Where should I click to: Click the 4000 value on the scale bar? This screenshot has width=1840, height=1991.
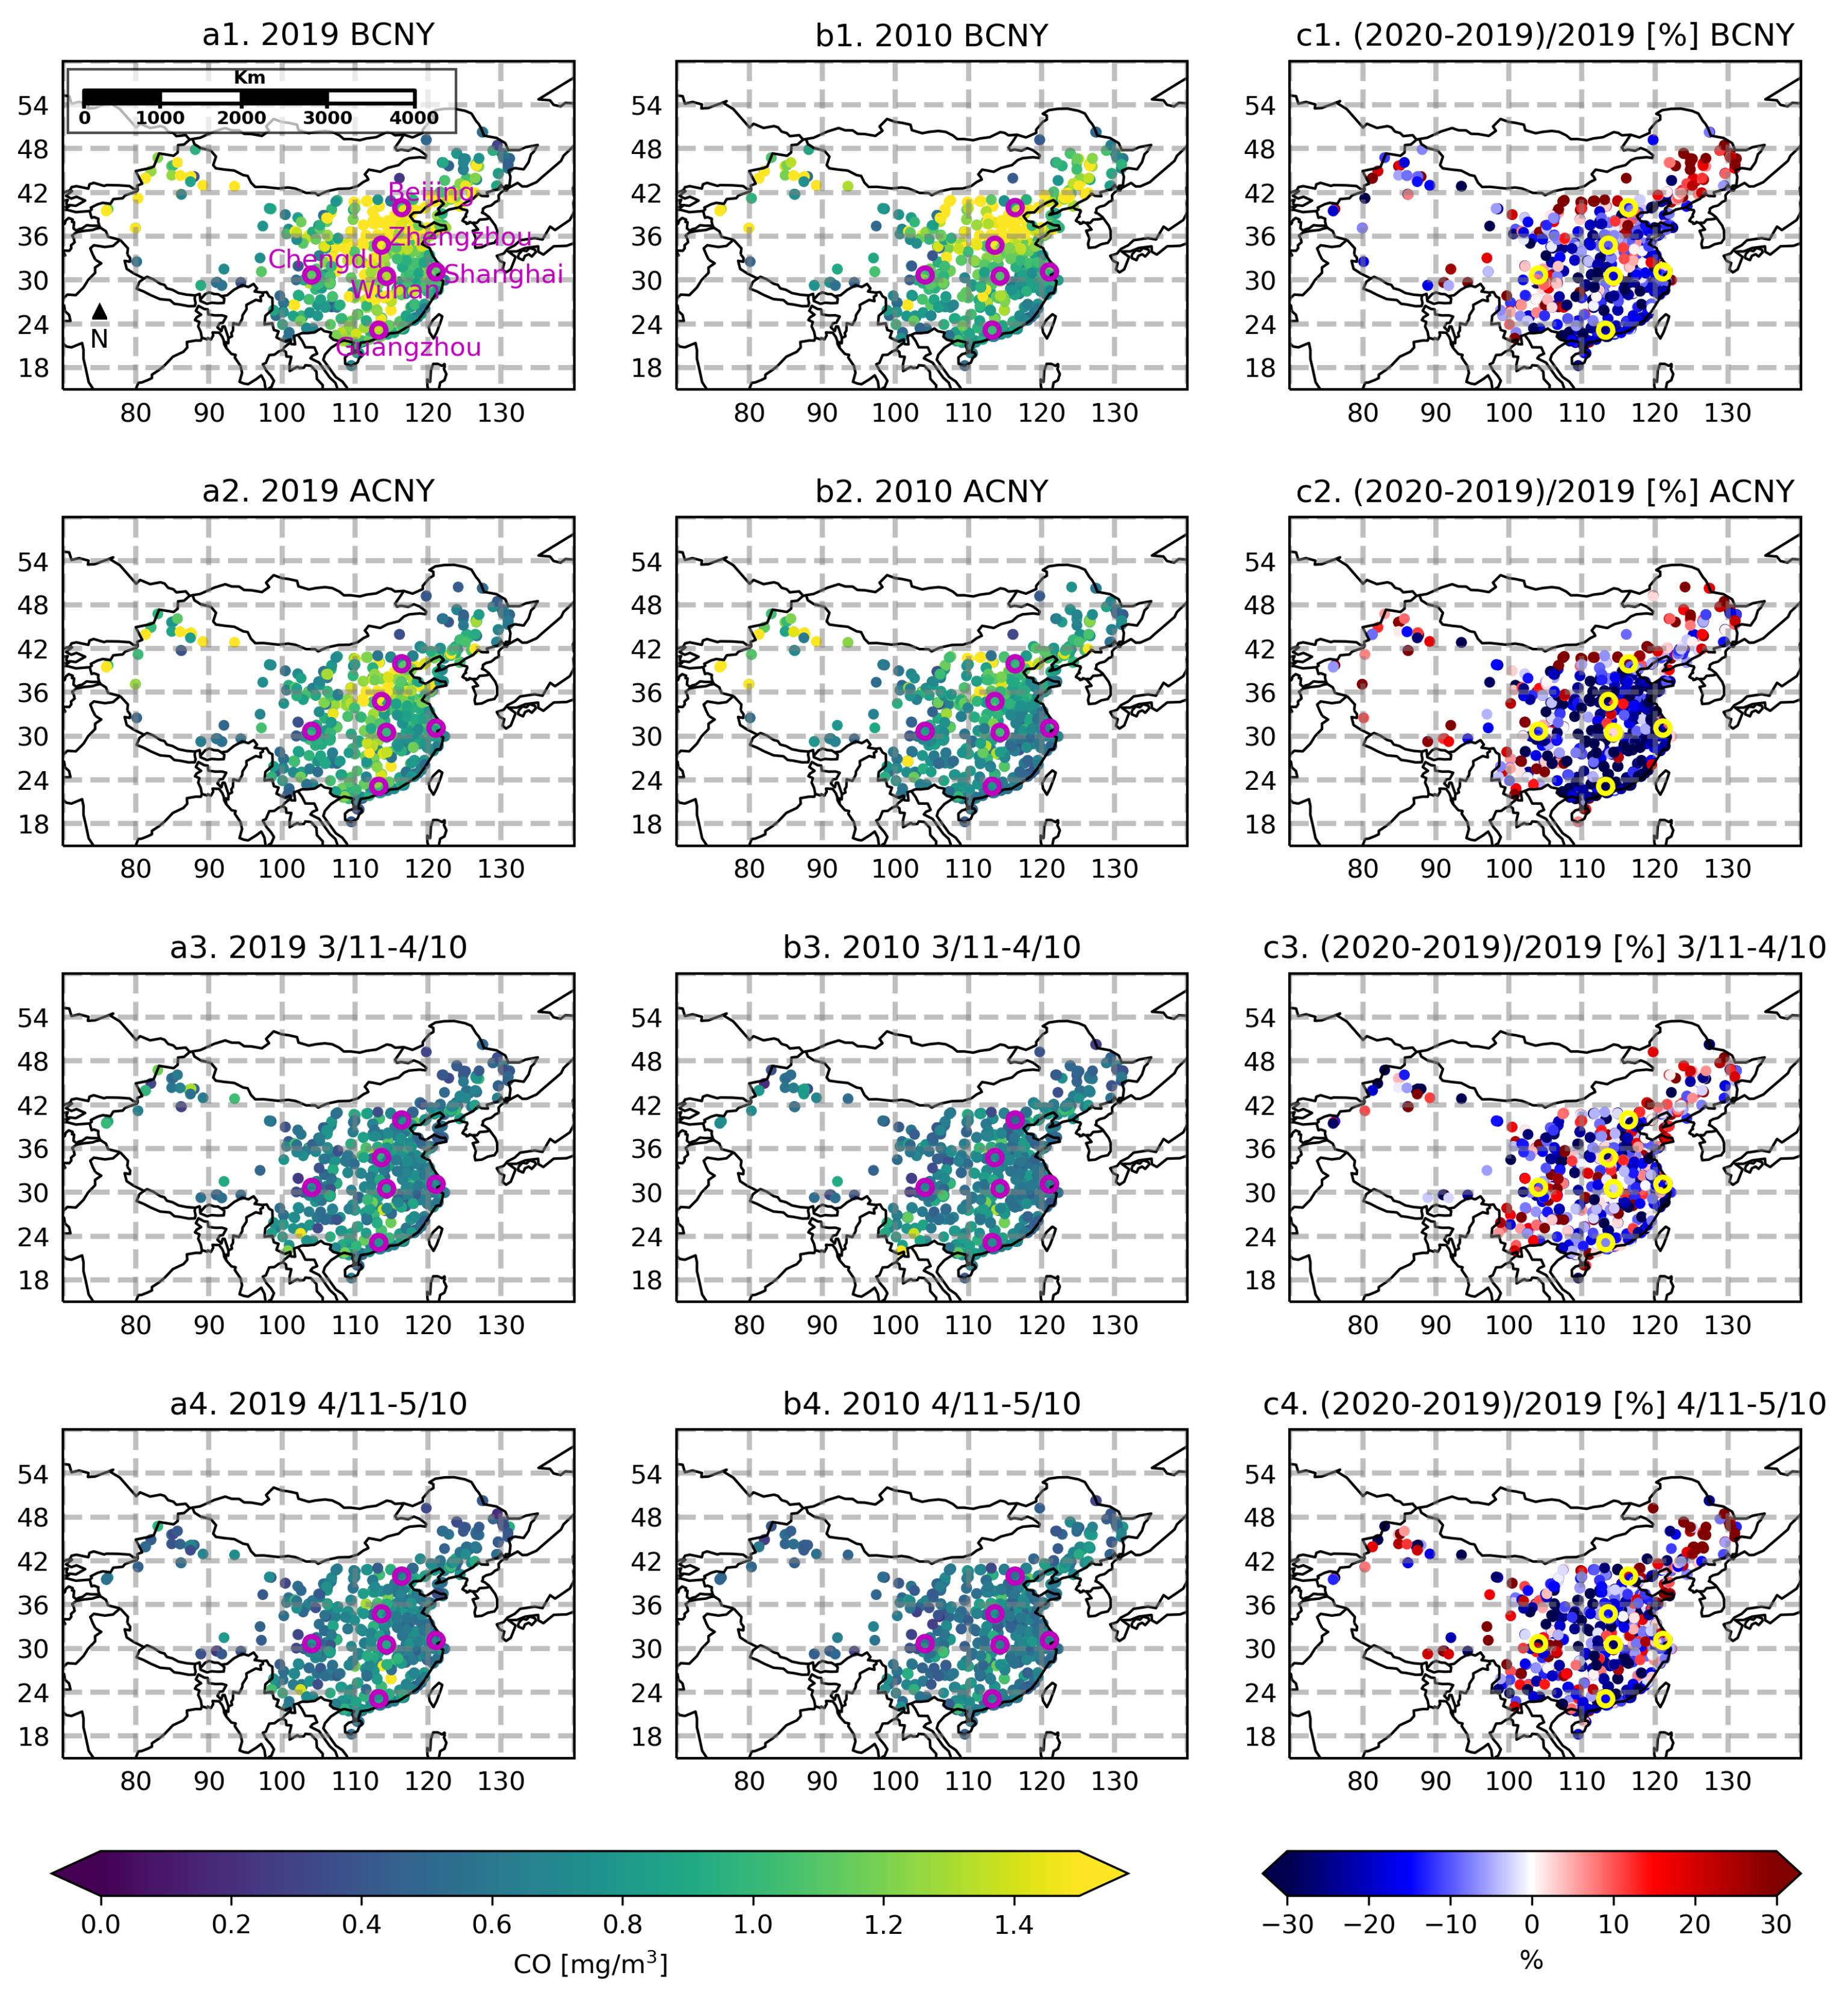(x=414, y=117)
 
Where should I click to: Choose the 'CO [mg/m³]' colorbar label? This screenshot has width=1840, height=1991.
(x=590, y=1963)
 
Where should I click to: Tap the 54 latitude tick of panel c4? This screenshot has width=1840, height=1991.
(x=1259, y=1473)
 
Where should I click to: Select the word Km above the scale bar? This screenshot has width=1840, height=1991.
(x=250, y=78)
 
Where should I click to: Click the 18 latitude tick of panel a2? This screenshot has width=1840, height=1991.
(x=33, y=824)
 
